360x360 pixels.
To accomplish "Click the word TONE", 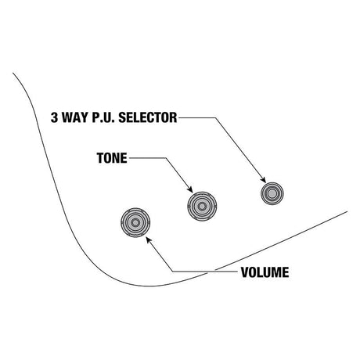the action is coord(112,158).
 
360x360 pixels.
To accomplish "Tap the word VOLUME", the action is coord(265,272).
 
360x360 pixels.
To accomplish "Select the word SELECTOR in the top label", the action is coord(148,117).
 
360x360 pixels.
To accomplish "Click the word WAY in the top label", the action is coord(75,117).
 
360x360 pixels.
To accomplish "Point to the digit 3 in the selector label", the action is coord(54,117).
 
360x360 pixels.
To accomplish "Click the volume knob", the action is coord(135,222).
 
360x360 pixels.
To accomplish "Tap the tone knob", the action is coord(202,207).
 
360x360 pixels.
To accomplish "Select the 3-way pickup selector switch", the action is coord(272,193).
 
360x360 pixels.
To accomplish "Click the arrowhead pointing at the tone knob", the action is coord(190,189).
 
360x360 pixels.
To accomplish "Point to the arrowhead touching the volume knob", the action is coord(149,239).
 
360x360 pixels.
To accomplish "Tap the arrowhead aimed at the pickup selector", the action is coord(263,179).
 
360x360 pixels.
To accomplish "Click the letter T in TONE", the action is coord(100,158).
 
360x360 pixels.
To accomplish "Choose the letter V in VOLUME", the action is coord(245,272).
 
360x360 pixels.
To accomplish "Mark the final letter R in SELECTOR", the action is coord(174,117).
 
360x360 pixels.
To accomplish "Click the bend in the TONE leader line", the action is coord(165,158).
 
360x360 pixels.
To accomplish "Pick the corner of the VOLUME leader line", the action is coord(173,272).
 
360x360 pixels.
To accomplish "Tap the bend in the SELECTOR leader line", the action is coord(215,117).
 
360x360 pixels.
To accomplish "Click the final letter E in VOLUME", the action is coord(286,272).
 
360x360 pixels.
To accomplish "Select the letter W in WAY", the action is coord(67,117).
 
